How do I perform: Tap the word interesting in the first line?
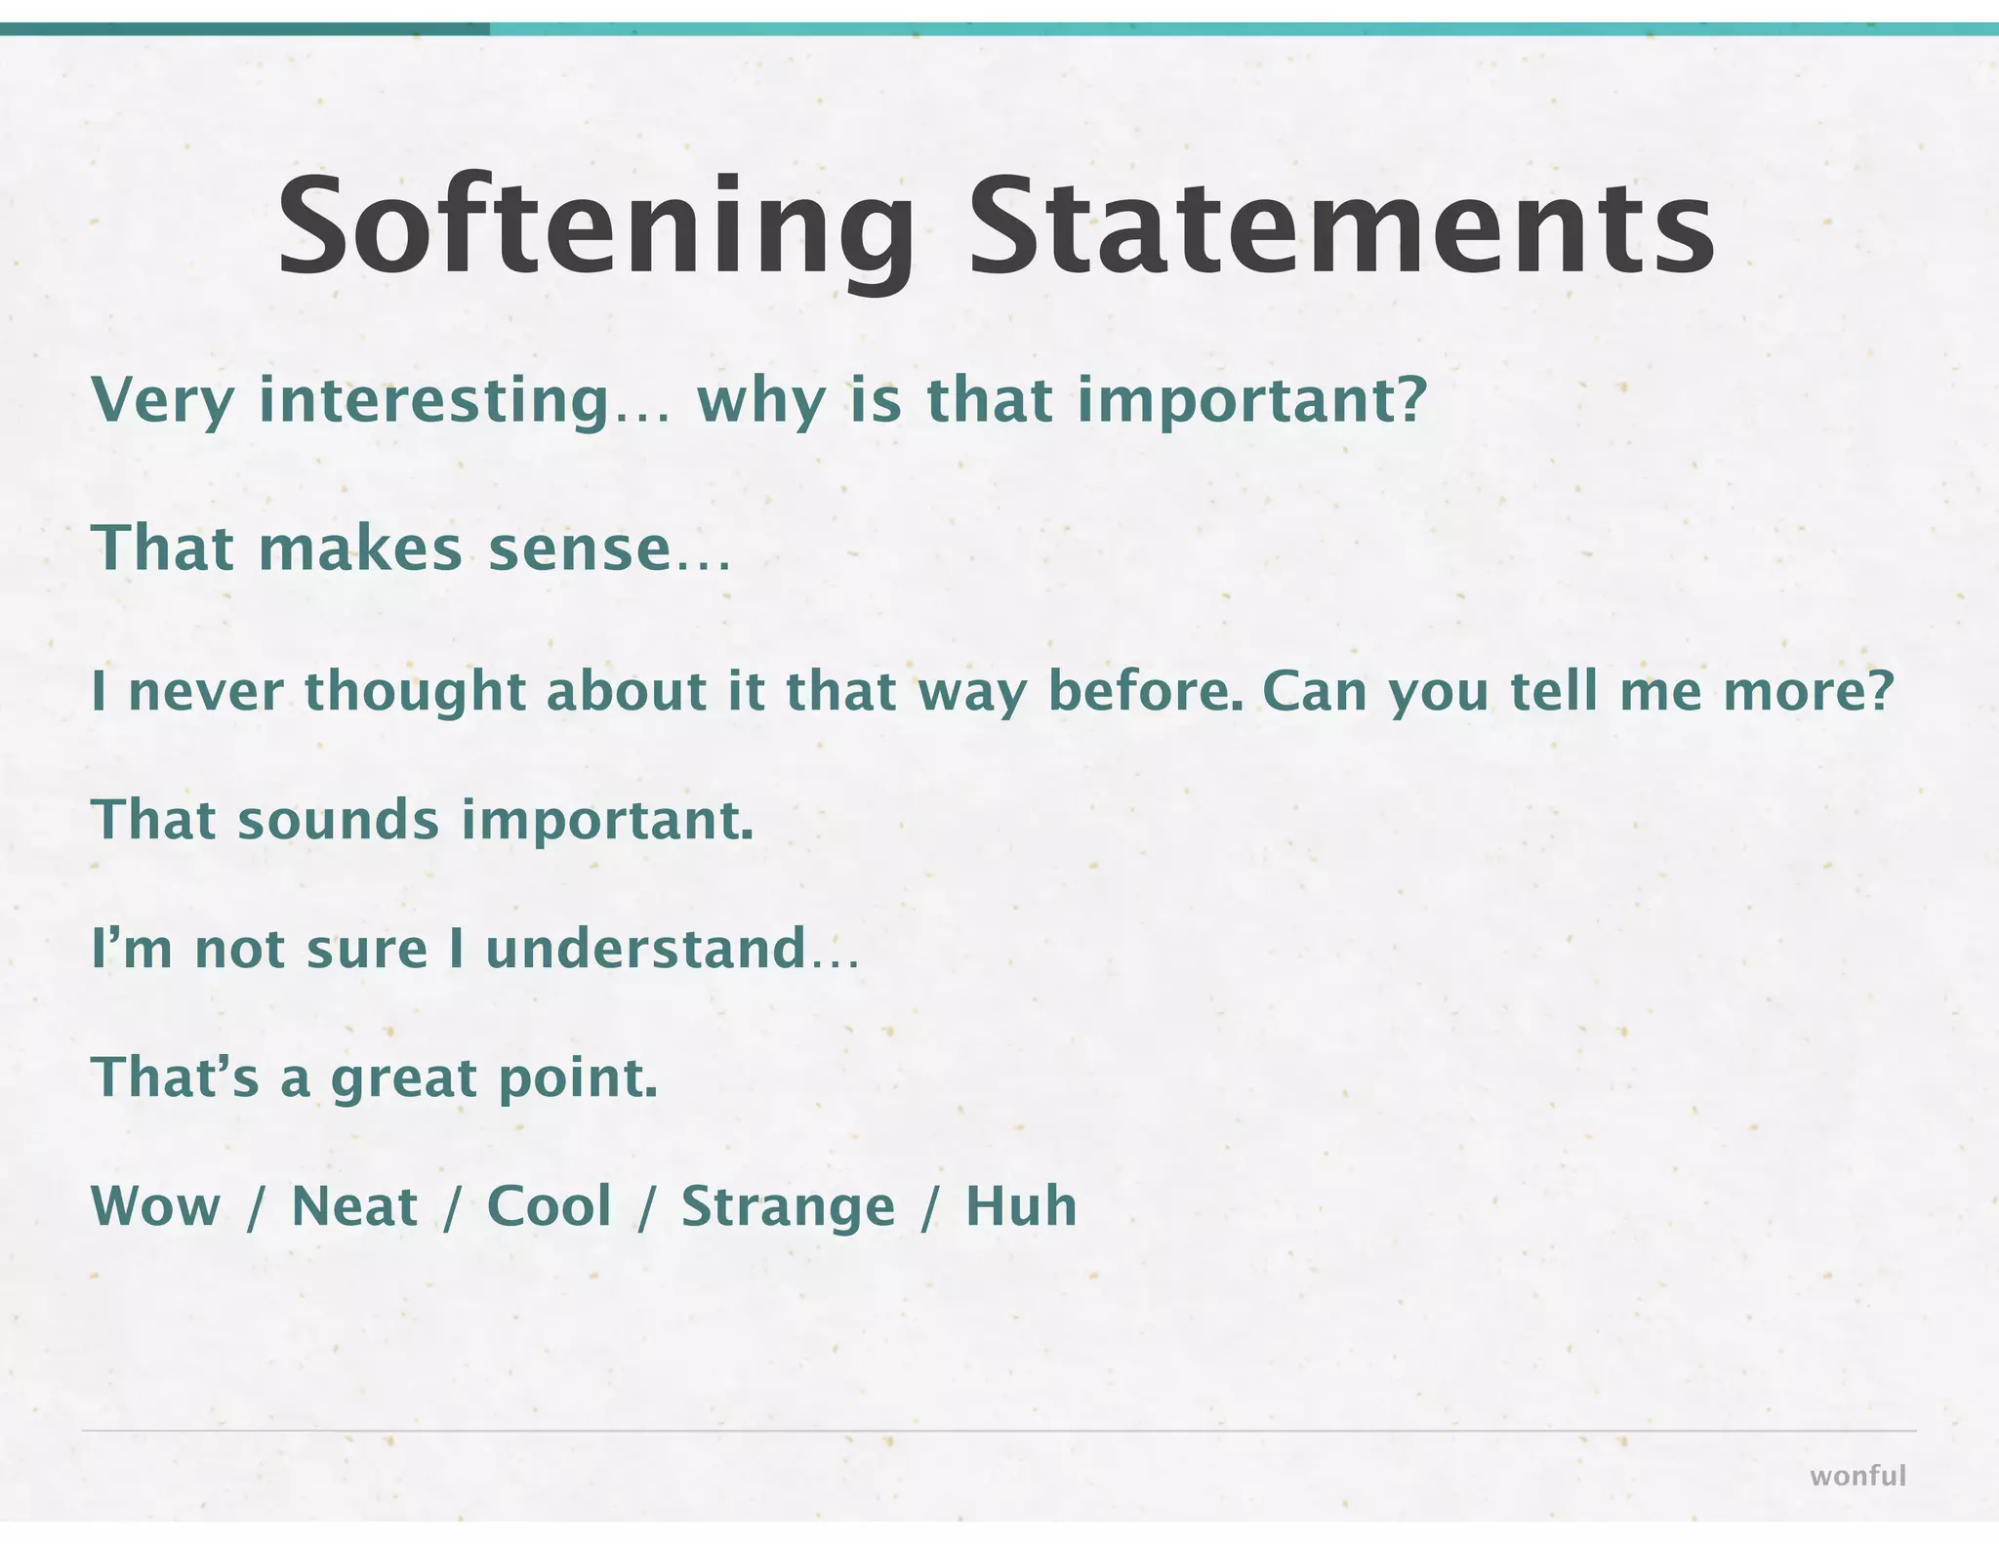click(433, 400)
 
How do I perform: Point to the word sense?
click(579, 549)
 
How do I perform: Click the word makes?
click(360, 549)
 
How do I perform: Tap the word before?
click(1144, 691)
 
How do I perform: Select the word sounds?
click(338, 820)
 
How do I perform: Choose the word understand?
click(645, 949)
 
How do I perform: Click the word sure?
click(367, 950)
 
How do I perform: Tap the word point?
click(577, 1078)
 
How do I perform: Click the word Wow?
click(156, 1206)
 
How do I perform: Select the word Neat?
click(354, 1206)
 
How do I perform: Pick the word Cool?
click(550, 1206)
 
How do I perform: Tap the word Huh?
click(1021, 1206)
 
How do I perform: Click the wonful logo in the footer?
click(1857, 1476)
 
